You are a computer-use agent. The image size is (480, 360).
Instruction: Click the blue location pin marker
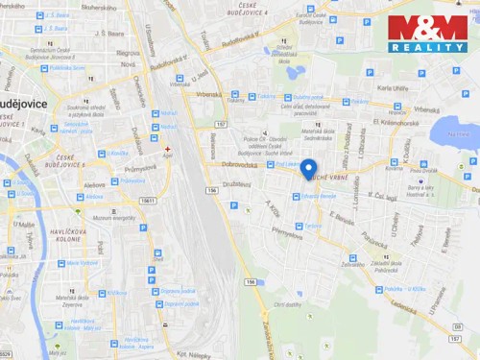pyautogui.click(x=308, y=169)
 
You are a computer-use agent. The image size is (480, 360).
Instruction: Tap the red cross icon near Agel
pyautogui.click(x=167, y=149)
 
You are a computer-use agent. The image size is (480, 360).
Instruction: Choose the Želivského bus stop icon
pyautogui.click(x=352, y=258)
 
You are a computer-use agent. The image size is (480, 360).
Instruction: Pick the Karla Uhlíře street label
pyautogui.click(x=393, y=88)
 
